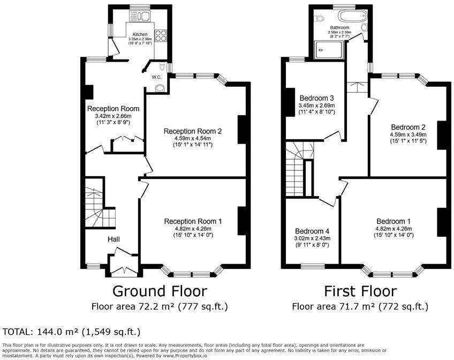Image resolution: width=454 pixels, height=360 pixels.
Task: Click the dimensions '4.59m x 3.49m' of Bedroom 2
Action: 408,134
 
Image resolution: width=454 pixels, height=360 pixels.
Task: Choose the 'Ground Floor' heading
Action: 159,291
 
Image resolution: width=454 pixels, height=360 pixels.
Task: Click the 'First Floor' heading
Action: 360,291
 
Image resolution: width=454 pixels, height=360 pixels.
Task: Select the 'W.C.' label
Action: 157,77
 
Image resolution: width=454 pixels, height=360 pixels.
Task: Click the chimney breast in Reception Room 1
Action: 242,221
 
